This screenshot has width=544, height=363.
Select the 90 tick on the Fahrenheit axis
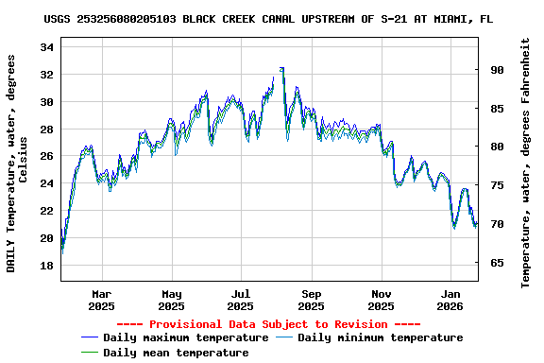click(x=496, y=70)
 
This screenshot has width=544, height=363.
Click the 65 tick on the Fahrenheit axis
click(x=496, y=263)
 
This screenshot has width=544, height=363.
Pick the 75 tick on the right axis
click(x=496, y=185)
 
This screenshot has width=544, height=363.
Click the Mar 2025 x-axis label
click(x=101, y=300)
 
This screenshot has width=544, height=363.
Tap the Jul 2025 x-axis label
click(x=241, y=300)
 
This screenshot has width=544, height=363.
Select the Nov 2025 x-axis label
click(x=381, y=300)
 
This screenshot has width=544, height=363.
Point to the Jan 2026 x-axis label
click(x=450, y=300)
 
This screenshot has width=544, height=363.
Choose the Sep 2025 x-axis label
click(x=311, y=300)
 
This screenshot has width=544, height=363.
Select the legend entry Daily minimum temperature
click(x=380, y=337)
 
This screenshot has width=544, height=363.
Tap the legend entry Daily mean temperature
click(x=176, y=353)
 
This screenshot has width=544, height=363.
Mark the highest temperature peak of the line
click(x=282, y=68)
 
